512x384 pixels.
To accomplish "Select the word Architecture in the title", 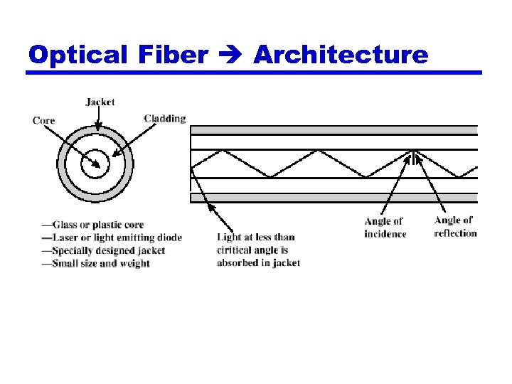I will point(341,54).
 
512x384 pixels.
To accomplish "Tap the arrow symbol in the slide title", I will point(230,55).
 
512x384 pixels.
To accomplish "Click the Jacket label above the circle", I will point(100,102).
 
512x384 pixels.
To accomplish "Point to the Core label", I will point(43,120).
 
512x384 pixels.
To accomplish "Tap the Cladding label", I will point(165,119).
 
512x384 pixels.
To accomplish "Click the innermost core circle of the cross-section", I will point(95,166).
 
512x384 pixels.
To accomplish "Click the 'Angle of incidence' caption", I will point(385,228).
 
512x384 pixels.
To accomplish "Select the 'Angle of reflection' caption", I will point(455,227).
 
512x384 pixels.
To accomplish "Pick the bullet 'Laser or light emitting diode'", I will point(112,238).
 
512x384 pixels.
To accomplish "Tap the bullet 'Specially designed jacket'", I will point(103,250).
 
